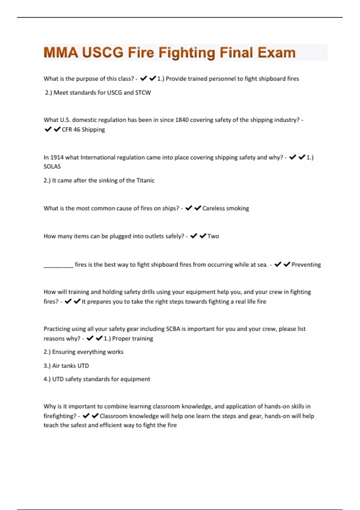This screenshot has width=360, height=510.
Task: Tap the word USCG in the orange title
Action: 103,52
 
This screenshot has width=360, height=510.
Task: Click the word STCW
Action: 143,93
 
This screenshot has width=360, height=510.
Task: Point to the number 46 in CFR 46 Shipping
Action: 77,130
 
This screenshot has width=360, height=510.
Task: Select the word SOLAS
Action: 52,166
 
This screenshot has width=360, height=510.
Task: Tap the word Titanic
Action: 145,181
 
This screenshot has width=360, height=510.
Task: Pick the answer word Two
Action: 213,236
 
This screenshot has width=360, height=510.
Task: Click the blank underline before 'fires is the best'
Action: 58,265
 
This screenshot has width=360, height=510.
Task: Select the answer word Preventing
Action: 306,265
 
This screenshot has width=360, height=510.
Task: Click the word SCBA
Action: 173,329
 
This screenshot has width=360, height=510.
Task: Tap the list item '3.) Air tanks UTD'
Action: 66,366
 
